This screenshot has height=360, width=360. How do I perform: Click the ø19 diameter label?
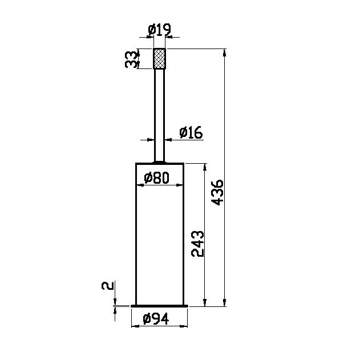159,30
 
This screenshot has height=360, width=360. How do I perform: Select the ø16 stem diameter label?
191,132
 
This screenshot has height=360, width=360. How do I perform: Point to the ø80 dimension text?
156,177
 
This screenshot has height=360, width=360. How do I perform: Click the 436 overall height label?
217,192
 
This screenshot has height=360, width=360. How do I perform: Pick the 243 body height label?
197,244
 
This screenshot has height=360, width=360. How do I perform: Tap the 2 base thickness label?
107,286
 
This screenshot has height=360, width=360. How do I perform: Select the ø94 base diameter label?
156,318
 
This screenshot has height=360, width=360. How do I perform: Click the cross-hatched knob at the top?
159,59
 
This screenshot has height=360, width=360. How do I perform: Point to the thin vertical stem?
159,115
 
